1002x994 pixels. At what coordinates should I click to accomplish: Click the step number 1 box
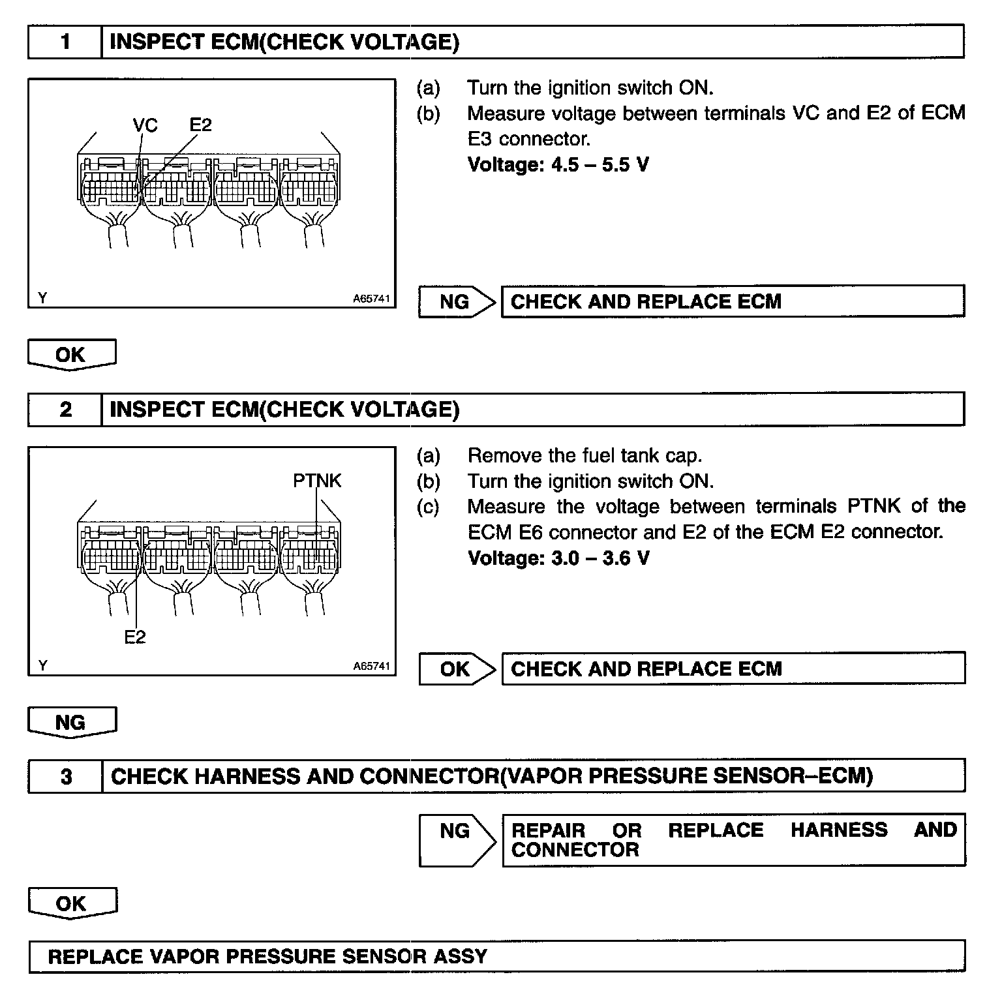click(65, 42)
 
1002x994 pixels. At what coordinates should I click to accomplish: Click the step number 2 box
click(65, 410)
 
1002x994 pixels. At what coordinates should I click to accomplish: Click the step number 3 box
click(65, 776)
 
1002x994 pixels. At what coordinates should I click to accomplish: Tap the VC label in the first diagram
click(145, 125)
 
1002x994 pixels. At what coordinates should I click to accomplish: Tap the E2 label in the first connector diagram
click(201, 125)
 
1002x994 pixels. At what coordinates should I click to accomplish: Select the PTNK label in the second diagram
click(317, 481)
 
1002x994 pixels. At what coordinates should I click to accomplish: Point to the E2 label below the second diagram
click(135, 637)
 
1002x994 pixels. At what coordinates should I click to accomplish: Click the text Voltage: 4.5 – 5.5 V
click(558, 164)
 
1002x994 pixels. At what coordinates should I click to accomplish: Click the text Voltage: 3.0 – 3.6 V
click(558, 558)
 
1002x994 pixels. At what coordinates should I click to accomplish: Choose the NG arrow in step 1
click(457, 301)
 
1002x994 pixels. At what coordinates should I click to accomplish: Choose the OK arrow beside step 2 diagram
click(457, 669)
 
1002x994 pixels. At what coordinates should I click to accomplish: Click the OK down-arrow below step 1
click(71, 355)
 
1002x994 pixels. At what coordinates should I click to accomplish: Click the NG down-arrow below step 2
click(71, 723)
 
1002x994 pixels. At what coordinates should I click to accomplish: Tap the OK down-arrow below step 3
click(71, 903)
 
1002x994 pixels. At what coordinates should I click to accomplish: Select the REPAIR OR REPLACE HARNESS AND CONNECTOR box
click(733, 839)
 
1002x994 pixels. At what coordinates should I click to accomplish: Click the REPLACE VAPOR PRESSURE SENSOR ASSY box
click(496, 957)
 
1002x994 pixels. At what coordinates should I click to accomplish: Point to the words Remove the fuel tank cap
click(584, 455)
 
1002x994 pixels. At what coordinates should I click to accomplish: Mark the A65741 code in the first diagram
click(371, 299)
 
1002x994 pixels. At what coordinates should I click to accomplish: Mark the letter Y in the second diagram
click(43, 666)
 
